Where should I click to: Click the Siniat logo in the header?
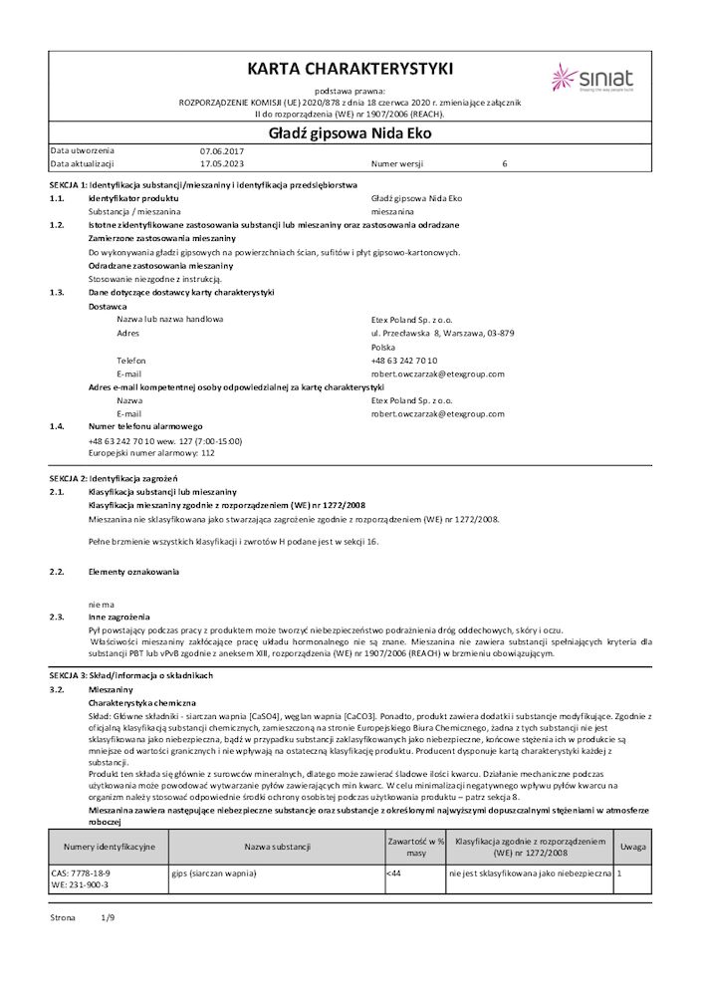588,78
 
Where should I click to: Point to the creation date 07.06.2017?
221,149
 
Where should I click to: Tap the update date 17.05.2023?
221,162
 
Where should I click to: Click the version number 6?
505,162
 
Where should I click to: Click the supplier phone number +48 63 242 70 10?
403,360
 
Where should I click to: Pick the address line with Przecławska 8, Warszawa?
442,333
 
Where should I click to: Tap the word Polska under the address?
383,347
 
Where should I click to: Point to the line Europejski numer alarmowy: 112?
151,452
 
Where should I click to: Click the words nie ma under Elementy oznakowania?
102,604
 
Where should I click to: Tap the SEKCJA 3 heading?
131,675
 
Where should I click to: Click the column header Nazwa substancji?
277,847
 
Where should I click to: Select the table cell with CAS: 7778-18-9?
80,872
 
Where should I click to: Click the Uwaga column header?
632,847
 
